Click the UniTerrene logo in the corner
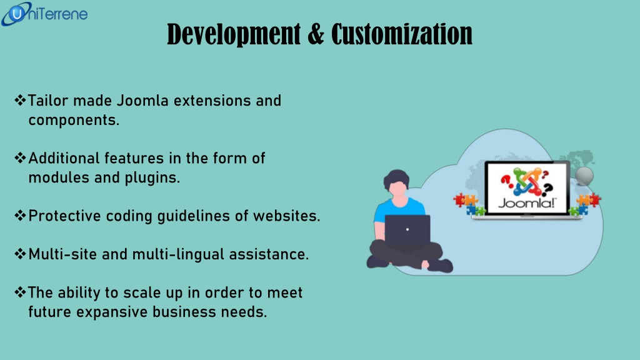[x=44, y=14]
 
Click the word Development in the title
[x=234, y=34]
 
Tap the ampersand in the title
[x=316, y=34]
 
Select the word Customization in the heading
[x=402, y=34]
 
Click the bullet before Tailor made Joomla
[x=20, y=100]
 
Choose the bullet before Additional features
[x=20, y=157]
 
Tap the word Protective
[x=64, y=216]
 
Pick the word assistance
[x=269, y=254]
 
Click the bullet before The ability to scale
[x=20, y=292]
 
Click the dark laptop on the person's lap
[x=407, y=230]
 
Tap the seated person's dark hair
[x=396, y=178]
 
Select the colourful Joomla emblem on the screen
[x=526, y=181]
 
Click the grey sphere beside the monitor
[x=584, y=175]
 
